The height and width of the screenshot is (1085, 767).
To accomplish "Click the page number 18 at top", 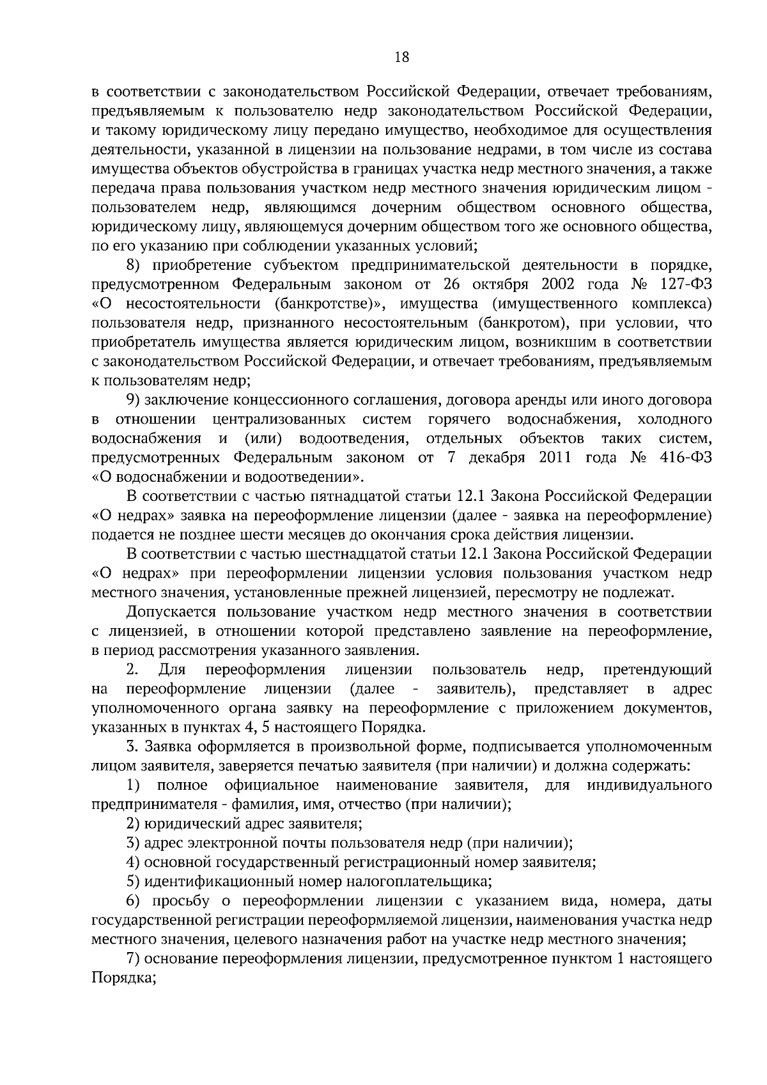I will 401,58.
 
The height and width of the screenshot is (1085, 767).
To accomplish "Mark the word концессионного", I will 293,400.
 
